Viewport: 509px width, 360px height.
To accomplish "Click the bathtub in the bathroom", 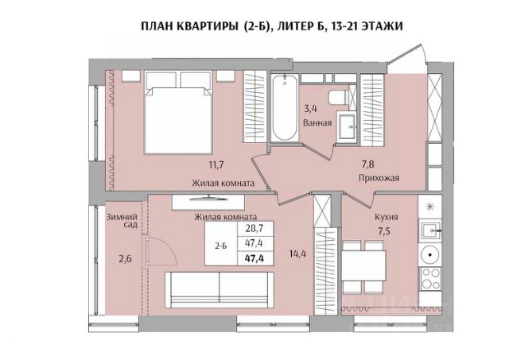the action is [285, 107].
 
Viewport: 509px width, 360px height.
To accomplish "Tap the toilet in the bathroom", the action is [338, 97].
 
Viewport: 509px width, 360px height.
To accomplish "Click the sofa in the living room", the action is [220, 289].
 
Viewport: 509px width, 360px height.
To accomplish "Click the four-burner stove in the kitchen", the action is [430, 279].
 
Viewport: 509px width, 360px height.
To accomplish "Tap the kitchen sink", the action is [430, 230].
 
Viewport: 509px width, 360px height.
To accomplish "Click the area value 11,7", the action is [216, 165].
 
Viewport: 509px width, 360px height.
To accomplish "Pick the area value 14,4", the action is [297, 254].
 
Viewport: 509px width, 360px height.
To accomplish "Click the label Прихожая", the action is [379, 178].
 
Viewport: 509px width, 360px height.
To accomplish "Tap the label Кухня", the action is [387, 217].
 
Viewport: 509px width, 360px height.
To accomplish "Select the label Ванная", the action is [317, 123].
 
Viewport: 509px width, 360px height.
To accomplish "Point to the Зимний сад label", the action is [122, 221].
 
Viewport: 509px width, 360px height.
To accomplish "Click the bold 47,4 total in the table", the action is [254, 258].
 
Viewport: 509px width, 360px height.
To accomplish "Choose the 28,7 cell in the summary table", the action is [254, 228].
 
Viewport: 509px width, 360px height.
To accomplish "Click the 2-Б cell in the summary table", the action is [221, 246].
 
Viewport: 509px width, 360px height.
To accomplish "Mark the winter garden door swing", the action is [160, 250].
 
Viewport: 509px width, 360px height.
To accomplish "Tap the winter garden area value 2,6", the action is [125, 259].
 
